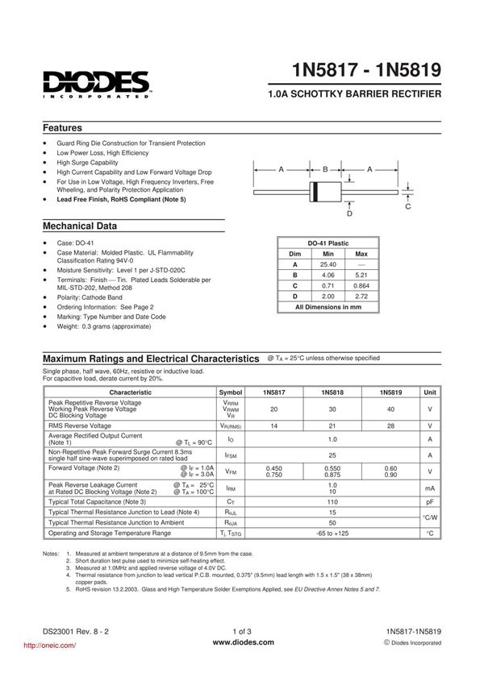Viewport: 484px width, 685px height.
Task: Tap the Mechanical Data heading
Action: (x=79, y=226)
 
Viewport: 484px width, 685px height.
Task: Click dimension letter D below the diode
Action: (x=349, y=214)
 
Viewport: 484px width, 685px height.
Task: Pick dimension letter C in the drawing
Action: (x=407, y=207)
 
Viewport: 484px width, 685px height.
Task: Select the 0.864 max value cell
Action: (x=361, y=285)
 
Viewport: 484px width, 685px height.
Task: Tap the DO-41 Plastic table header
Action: (x=328, y=243)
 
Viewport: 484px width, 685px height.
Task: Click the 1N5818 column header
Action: (x=332, y=392)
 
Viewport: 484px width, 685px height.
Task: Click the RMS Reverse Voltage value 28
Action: (x=390, y=426)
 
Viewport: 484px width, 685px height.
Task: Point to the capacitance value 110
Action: (x=332, y=501)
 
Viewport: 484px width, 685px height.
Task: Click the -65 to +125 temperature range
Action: (x=332, y=533)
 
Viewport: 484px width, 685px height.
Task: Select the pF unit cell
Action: (x=430, y=501)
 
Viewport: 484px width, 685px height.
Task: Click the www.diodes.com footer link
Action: (x=243, y=642)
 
